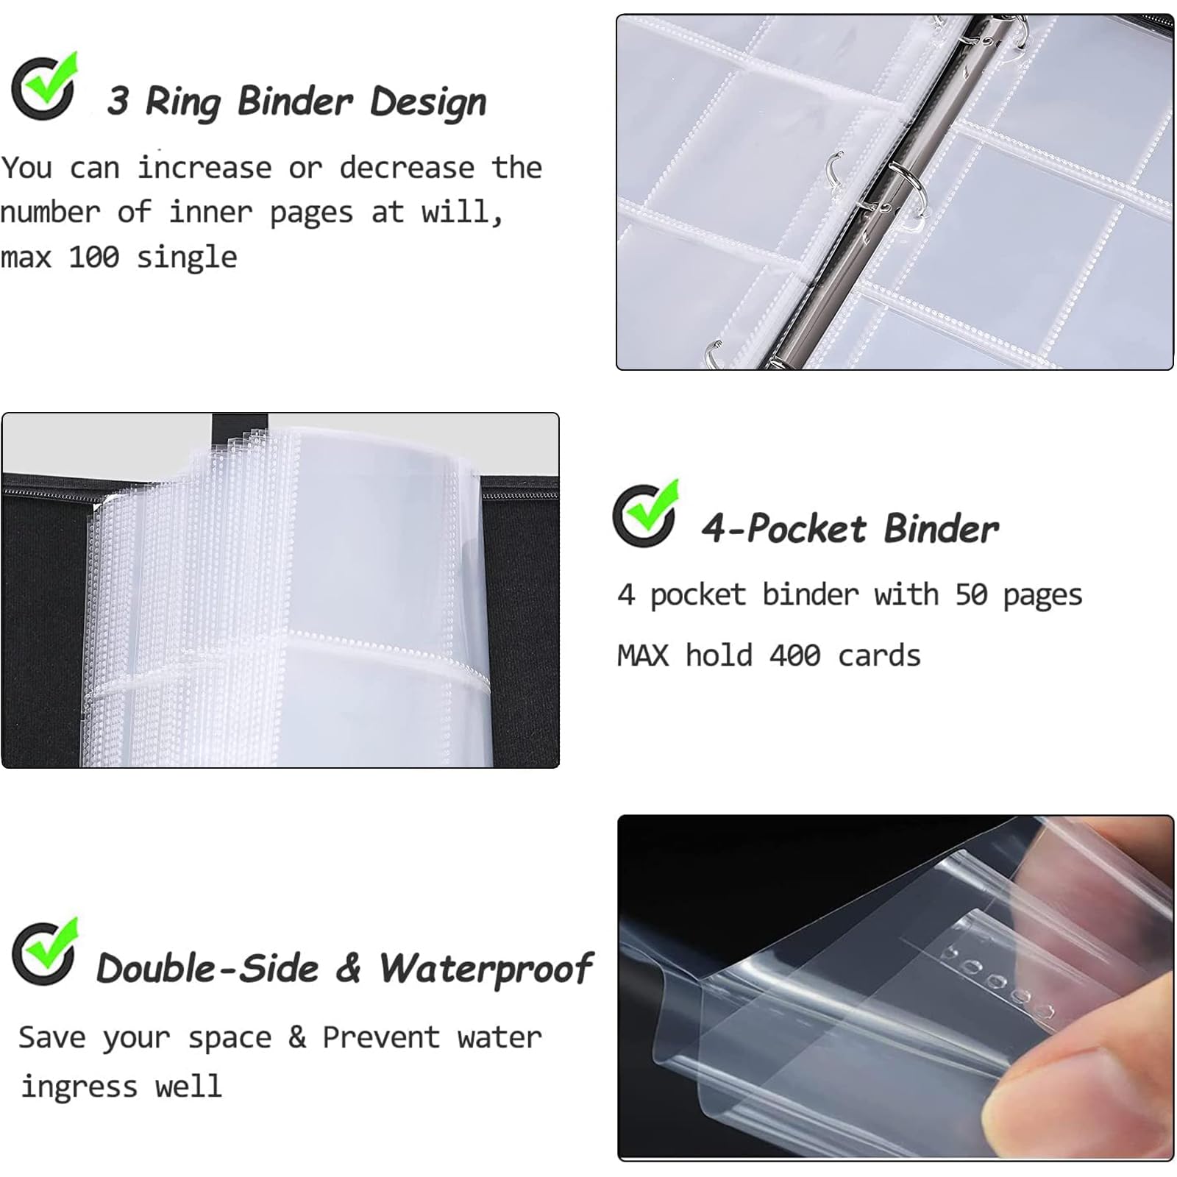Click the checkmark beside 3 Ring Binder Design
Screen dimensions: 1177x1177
tap(44, 87)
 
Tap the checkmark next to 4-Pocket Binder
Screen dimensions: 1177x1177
tap(645, 513)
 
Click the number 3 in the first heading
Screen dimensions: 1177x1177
tap(118, 101)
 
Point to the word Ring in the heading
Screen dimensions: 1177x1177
tap(182, 102)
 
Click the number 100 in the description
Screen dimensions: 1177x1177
tap(94, 257)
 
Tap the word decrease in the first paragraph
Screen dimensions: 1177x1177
tap(406, 168)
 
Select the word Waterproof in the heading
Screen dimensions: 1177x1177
tap(486, 970)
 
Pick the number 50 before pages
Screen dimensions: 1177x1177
tap(971, 594)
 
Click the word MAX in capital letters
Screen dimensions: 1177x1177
tap(643, 655)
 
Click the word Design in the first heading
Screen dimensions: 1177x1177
tap(428, 101)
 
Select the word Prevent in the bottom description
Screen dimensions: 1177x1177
tap(381, 1037)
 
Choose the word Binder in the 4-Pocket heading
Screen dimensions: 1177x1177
tap(942, 528)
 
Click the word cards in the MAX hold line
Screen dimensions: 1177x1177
tap(879, 655)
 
